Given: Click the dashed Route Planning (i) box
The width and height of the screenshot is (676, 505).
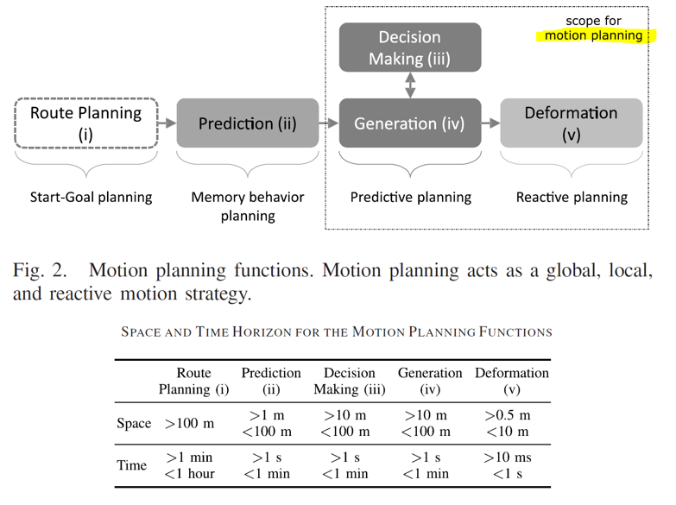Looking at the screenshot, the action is pos(85,123).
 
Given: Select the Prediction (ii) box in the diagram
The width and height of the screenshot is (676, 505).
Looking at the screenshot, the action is pos(247,123).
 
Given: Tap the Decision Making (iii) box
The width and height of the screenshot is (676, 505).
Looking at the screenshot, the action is pos(409,47).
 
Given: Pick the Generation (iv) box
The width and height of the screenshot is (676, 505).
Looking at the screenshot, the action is pos(409,123).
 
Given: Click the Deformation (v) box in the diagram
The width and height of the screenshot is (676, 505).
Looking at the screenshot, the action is pos(571,123).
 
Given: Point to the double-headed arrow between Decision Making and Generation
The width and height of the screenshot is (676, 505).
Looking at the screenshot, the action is pos(410,85).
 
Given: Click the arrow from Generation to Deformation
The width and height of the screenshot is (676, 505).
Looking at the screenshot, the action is pos(490,123).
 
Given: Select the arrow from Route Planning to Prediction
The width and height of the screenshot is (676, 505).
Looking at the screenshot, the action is pos(167,123).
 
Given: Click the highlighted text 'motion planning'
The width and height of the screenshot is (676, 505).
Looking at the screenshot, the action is pos(593,35).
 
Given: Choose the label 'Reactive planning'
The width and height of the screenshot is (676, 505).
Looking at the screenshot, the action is pos(571,197).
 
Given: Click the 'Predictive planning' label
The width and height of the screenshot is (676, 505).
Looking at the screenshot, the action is pos(410,197).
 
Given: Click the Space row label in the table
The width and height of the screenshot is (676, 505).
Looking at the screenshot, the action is pos(133,424).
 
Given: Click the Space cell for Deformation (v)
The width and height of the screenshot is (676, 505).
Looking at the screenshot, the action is pos(508,423).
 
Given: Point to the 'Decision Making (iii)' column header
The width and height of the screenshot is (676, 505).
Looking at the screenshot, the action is pos(349,381).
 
